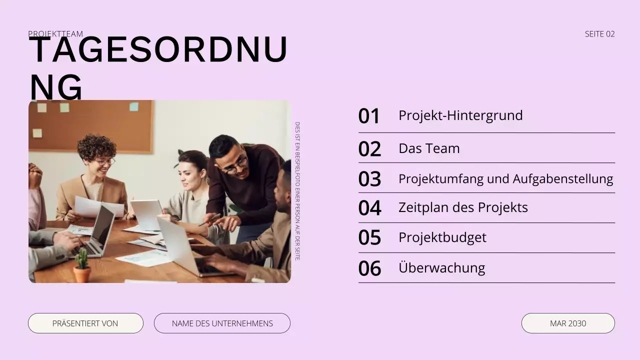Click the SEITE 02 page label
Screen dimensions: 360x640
coord(599,34)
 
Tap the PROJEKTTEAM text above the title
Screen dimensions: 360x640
coord(55,34)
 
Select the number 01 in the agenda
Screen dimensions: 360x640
coord(369,116)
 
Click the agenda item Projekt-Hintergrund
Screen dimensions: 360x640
coord(460,115)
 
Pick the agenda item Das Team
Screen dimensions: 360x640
coord(429,148)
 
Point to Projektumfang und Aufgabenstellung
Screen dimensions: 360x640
coord(505,178)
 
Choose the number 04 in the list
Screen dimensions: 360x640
coord(369,208)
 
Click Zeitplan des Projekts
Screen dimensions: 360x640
coord(463,207)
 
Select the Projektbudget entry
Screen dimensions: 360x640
coord(442,237)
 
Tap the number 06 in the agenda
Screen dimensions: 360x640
coord(369,268)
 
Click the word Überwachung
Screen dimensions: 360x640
coord(441,267)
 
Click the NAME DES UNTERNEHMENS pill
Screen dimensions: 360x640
coord(222,323)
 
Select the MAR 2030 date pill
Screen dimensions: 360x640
coord(568,323)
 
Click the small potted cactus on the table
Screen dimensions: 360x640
coord(81,267)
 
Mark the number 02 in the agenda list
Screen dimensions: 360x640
coord(369,149)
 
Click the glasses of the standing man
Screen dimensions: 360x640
coord(235,165)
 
